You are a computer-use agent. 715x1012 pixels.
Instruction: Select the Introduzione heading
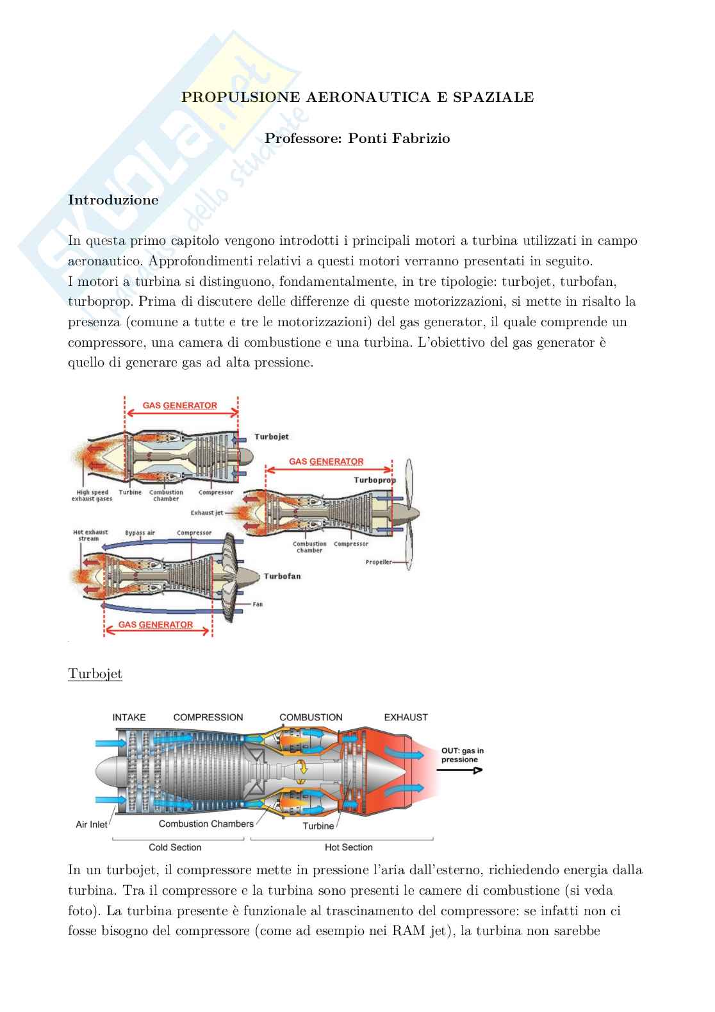point(113,200)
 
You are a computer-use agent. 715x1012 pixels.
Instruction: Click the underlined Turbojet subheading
point(95,674)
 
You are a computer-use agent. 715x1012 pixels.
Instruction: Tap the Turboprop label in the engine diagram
point(375,480)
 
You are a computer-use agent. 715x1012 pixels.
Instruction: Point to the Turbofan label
point(282,576)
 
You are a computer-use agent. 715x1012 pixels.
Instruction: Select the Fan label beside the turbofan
point(258,604)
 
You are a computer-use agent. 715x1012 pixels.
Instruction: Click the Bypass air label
point(140,533)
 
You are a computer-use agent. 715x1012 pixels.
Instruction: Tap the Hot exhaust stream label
point(90,535)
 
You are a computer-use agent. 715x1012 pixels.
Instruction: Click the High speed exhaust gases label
point(92,495)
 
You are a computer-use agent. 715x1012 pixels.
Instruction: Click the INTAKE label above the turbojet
point(129,717)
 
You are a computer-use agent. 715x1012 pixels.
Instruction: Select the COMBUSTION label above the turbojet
point(311,717)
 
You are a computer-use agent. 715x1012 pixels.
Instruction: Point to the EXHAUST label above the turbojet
point(406,717)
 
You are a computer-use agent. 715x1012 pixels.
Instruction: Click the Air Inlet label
point(92,824)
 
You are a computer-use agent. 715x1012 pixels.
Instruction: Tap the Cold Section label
point(175,847)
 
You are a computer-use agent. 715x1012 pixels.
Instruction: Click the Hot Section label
point(349,847)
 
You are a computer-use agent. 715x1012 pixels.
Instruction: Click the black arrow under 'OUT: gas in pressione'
point(461,771)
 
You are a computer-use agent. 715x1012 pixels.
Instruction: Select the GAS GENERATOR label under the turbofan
point(156,624)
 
